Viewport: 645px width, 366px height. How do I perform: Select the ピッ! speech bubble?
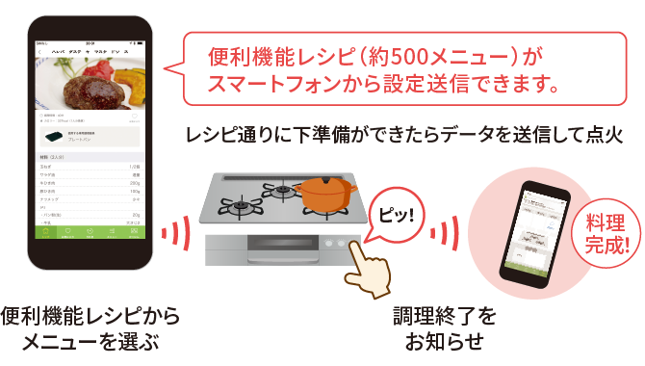393,210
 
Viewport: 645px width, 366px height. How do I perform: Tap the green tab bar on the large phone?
89,231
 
